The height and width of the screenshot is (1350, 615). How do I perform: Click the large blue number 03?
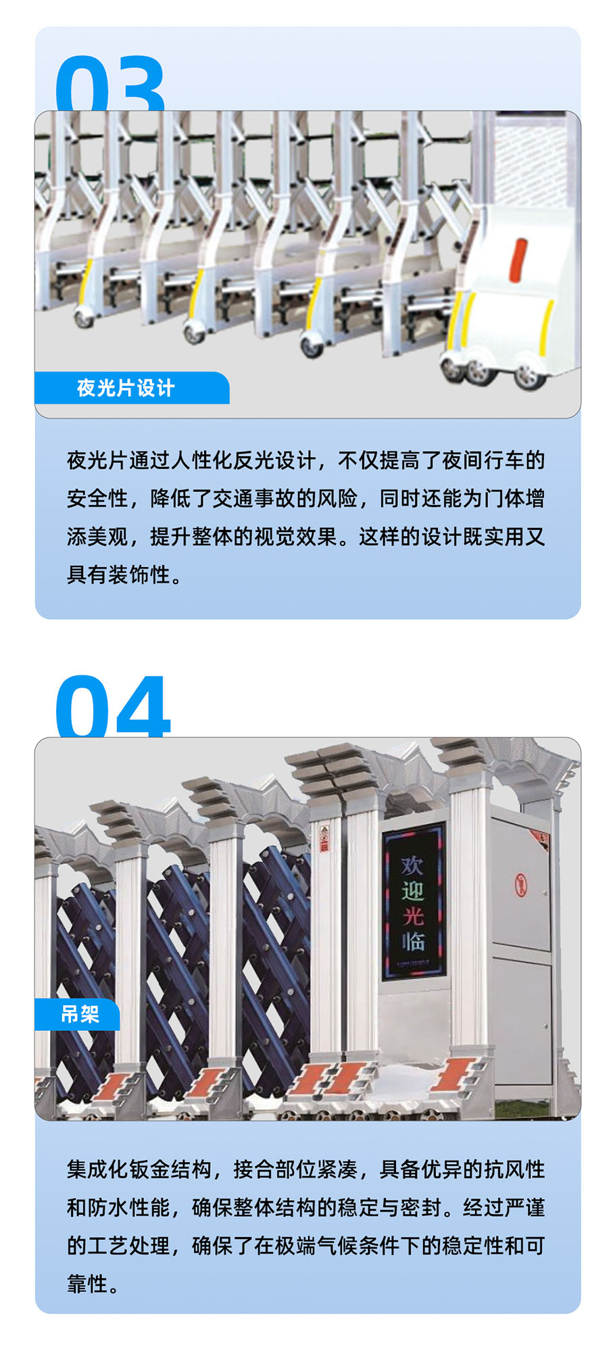(x=110, y=85)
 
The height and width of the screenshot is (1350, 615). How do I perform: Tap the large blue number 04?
(x=113, y=706)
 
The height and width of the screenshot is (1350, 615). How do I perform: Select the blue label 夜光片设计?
(x=126, y=388)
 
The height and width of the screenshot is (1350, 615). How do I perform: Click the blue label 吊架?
(x=80, y=1014)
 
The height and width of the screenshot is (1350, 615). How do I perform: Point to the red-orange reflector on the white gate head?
(x=519, y=260)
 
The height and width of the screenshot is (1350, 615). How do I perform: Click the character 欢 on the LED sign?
(x=412, y=866)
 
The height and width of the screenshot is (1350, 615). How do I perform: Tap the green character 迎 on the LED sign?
(x=412, y=891)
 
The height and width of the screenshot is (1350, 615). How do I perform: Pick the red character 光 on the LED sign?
(x=413, y=915)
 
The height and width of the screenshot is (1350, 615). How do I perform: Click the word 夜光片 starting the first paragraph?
(x=97, y=461)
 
